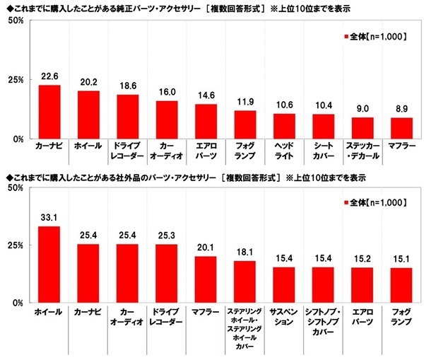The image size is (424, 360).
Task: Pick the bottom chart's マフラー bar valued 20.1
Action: coord(206,279)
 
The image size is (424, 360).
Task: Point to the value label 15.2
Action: coord(362,260)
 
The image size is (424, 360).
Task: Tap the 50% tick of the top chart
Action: coord(15,21)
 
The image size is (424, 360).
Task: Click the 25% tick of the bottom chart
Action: coord(15,245)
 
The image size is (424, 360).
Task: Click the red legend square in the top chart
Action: coord(345,36)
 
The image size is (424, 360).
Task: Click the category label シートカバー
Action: coord(323,152)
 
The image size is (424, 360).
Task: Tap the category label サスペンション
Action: coord(283,315)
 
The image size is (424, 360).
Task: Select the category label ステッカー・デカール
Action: coord(362,152)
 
